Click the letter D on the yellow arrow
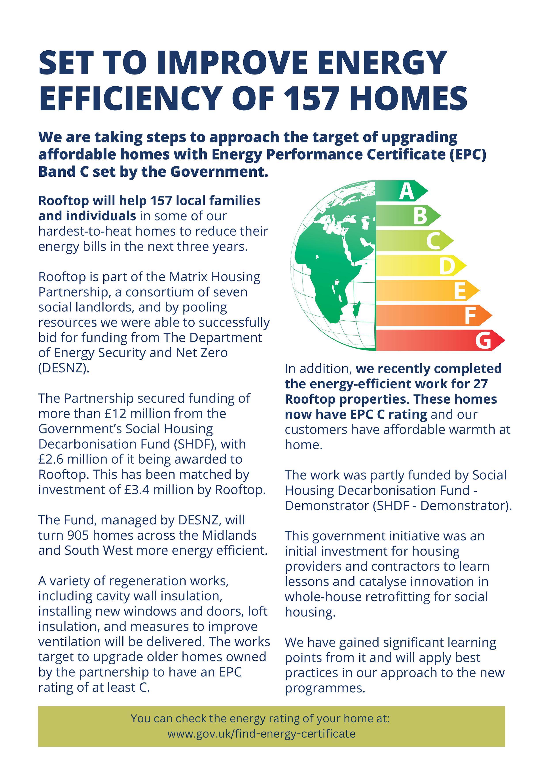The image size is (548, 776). [x=447, y=266]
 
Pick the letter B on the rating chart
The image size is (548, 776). [x=420, y=216]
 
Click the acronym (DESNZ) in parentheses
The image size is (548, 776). [x=64, y=368]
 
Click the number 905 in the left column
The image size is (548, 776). [x=78, y=535]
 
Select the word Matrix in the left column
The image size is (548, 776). [x=188, y=276]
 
